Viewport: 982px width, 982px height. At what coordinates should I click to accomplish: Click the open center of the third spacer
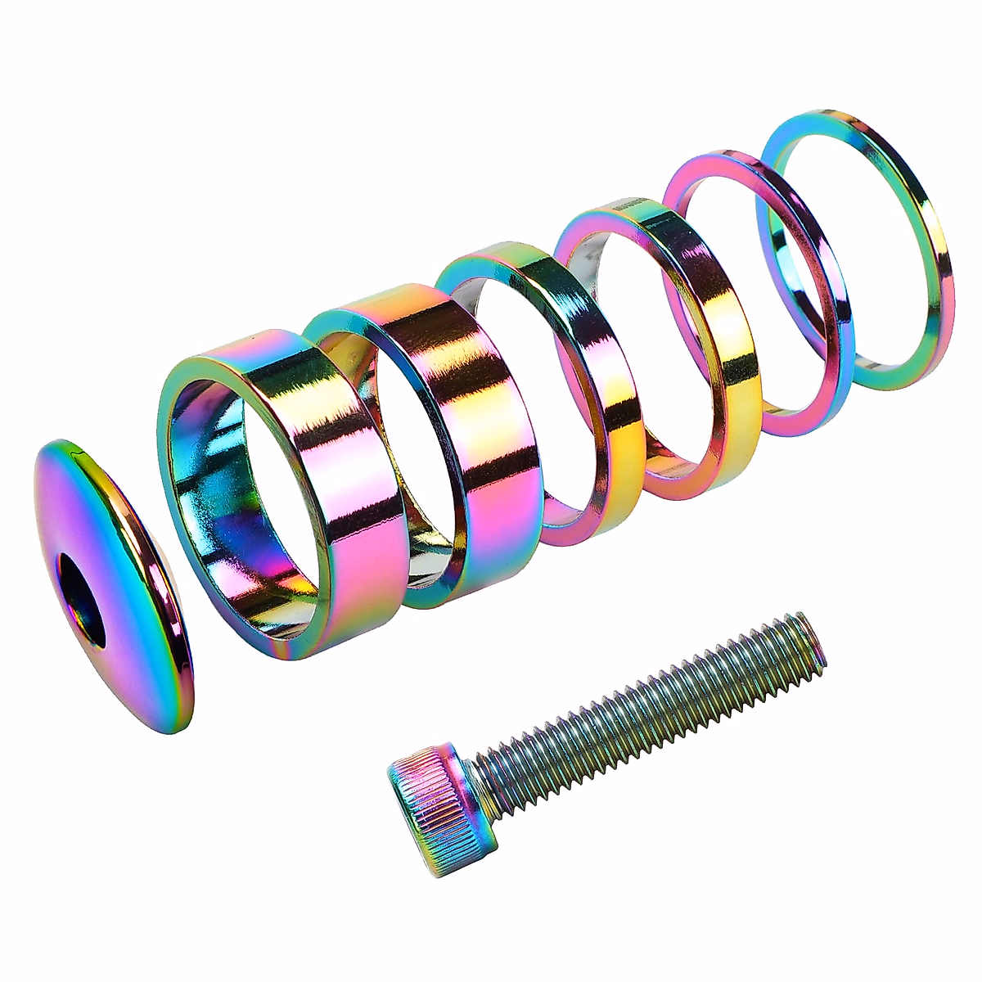[524, 385]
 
